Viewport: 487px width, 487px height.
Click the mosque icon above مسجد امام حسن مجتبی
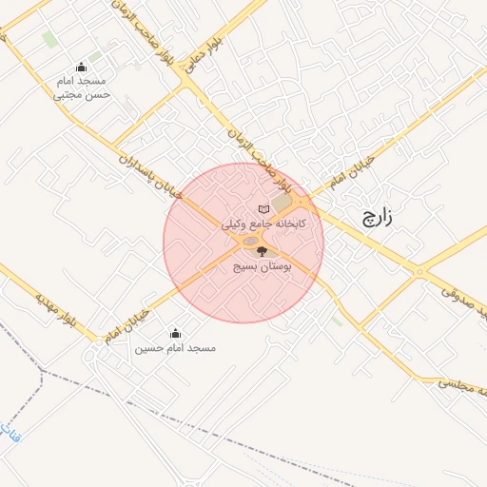80,67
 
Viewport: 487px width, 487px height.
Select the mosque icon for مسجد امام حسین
175,333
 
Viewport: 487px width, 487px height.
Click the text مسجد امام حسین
175,348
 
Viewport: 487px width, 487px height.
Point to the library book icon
263,209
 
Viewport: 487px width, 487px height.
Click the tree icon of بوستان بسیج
263,251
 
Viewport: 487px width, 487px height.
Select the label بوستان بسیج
263,267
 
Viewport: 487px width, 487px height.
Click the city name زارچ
376,218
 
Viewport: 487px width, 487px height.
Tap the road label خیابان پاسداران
152,173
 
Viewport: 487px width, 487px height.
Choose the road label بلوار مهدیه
54,310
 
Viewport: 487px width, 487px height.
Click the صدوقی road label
464,299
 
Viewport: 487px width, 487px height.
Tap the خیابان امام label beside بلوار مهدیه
127,321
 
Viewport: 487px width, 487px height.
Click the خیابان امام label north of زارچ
351,168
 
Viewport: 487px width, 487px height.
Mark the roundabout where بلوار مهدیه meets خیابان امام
98,339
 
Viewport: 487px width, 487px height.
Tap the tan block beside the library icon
284,203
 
